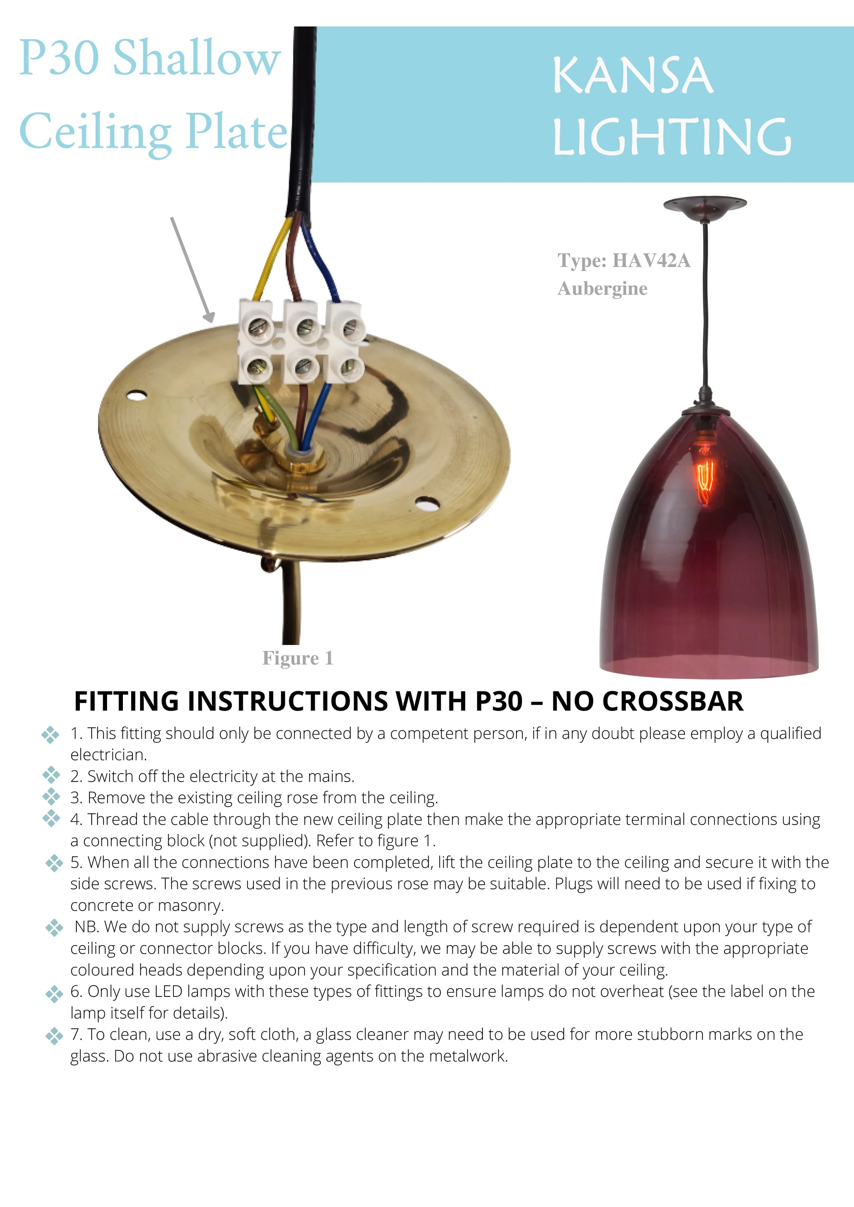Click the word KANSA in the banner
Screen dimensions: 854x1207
633,76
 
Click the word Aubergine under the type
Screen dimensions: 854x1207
603,289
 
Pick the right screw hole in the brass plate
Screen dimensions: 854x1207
427,504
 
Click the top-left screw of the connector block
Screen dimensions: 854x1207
257,328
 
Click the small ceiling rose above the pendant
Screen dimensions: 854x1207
705,204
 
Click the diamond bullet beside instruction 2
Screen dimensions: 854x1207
51,775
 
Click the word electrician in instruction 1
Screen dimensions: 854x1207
109,755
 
